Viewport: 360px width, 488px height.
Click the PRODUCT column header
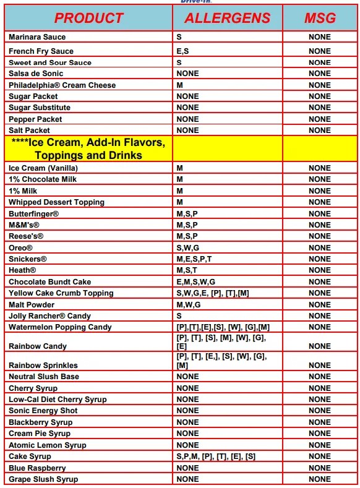click(x=88, y=18)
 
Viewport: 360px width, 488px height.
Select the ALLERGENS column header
click(x=227, y=18)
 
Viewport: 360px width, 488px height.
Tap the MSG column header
click(x=320, y=18)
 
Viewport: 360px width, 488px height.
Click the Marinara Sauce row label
click(x=37, y=37)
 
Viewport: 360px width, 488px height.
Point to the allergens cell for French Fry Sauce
click(x=182, y=51)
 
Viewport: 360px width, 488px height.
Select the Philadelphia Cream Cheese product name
click(x=62, y=85)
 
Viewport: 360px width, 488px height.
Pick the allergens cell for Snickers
click(x=194, y=259)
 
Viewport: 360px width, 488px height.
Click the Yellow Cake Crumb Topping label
click(x=61, y=293)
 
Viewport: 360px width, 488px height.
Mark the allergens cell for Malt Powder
click(x=188, y=305)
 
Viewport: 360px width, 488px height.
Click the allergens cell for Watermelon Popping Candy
click(x=223, y=327)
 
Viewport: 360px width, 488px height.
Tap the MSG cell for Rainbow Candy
click(x=320, y=346)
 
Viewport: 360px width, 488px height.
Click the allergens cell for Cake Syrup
click(x=216, y=456)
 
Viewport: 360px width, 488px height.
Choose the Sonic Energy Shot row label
click(x=43, y=411)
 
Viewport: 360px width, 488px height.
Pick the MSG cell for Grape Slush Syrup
click(x=320, y=479)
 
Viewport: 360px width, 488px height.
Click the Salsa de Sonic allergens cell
click(x=187, y=74)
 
